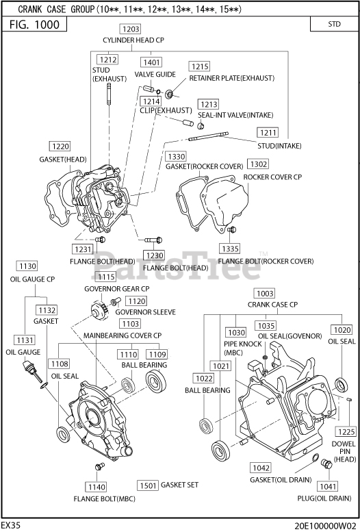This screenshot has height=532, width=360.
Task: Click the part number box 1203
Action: point(131,29)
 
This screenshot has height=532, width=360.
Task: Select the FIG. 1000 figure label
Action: point(34,25)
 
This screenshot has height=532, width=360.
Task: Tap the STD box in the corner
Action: point(334,24)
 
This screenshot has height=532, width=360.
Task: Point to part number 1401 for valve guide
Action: point(151,62)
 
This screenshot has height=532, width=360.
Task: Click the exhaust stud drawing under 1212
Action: point(109,96)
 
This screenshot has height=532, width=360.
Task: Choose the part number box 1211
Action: point(268,132)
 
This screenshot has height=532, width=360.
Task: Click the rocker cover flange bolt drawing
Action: point(232,230)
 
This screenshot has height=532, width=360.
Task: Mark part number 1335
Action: point(230,249)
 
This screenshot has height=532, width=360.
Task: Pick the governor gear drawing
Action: point(99,309)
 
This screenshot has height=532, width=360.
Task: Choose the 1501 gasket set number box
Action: point(148,485)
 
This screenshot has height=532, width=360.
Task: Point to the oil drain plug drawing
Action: point(326,464)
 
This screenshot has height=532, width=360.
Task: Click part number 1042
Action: point(261,468)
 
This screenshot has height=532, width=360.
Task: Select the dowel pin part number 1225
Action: point(346,431)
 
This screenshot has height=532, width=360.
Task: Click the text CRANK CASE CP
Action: point(272,305)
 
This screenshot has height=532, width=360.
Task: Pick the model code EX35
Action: point(10,525)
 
